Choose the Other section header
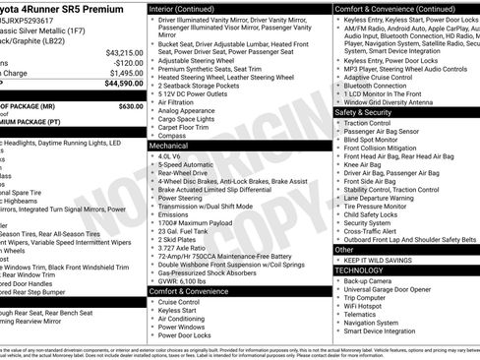point(345,250)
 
